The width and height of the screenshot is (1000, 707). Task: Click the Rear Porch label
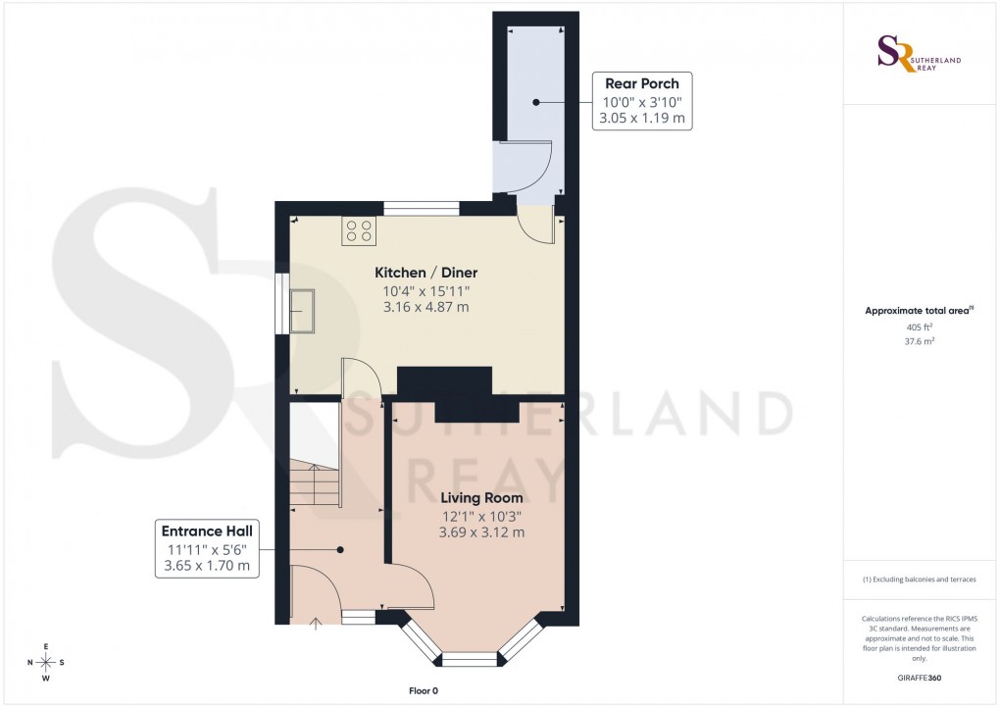(x=642, y=83)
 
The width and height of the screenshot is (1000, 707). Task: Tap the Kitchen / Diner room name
(x=425, y=272)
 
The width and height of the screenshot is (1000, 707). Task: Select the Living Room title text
(x=480, y=498)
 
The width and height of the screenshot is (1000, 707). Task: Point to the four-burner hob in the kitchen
(x=358, y=230)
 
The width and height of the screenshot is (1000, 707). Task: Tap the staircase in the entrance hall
(x=314, y=480)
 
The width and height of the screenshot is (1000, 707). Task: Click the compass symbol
(x=45, y=662)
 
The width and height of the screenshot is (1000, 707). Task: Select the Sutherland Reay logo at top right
(x=920, y=54)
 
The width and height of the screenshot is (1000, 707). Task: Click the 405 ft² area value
(x=919, y=328)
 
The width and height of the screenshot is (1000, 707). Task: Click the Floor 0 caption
(x=424, y=691)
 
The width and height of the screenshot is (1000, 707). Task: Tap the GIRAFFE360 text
(x=920, y=678)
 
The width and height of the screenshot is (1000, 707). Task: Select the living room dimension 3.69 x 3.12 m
(x=480, y=532)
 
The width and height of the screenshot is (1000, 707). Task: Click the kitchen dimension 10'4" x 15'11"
(x=425, y=290)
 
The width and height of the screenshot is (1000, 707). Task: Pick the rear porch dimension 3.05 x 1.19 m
(x=642, y=118)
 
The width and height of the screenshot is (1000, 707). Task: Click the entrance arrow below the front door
(x=316, y=624)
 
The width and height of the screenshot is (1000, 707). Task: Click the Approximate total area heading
(x=919, y=311)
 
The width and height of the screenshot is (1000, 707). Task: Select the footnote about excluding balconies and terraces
(x=920, y=580)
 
